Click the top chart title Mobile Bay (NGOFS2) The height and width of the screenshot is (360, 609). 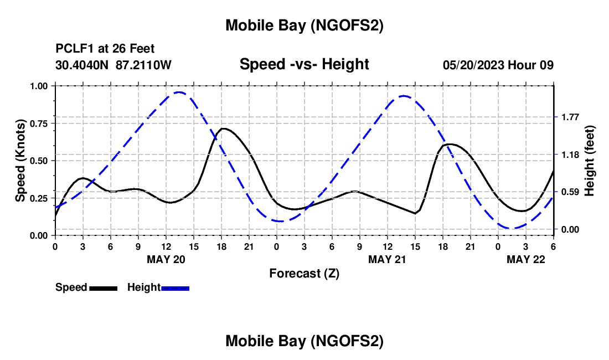[x=304, y=25]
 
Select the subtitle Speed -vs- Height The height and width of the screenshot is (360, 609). [x=304, y=64]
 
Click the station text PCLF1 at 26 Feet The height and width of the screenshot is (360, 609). [x=105, y=49]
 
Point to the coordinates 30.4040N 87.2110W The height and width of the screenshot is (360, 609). [x=113, y=65]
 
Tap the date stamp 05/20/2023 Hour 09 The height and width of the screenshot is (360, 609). [x=498, y=65]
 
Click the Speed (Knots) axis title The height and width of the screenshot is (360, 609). [x=20, y=161]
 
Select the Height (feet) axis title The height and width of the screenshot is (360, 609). [x=589, y=160]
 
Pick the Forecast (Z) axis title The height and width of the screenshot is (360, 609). [x=304, y=273]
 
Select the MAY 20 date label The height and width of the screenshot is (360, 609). [x=166, y=259]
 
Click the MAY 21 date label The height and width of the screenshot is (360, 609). [x=387, y=259]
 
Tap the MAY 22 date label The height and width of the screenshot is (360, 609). [x=525, y=259]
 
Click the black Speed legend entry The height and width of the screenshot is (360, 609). [x=86, y=287]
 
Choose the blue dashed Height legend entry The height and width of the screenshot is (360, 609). [x=158, y=287]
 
